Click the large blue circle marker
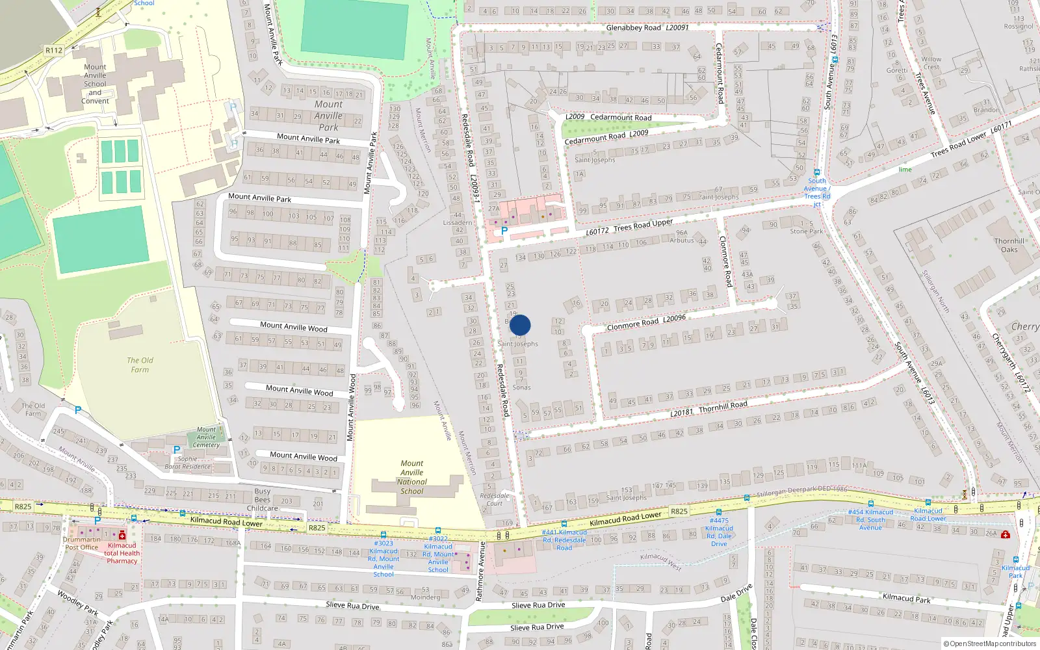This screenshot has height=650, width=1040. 520,325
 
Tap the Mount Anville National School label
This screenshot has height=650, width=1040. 411,478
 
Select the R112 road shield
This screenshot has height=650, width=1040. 54,50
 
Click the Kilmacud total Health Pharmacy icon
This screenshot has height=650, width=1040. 122,535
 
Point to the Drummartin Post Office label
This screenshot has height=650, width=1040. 82,543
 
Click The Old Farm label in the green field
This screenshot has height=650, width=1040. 140,365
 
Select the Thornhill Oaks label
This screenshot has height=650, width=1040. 1009,245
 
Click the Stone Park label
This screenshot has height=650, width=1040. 806,231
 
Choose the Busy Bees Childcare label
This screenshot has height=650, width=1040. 262,500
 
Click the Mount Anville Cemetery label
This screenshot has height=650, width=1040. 206,437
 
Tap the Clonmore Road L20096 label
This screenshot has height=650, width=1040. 645,322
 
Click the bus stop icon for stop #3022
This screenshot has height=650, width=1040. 437,530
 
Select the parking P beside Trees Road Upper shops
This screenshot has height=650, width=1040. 504,230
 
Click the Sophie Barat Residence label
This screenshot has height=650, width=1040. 188,462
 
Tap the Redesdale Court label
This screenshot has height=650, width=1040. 494,499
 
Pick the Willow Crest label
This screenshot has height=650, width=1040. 931,63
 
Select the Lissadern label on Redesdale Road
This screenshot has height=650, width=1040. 457,222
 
